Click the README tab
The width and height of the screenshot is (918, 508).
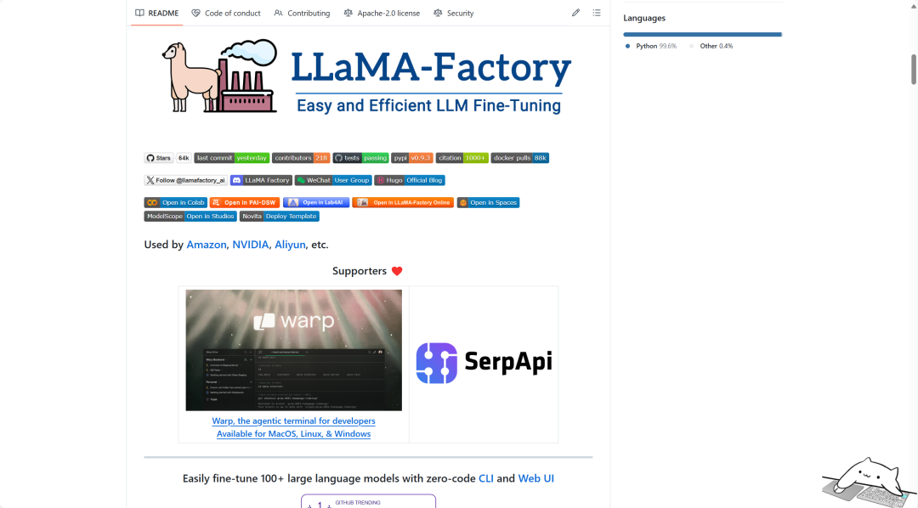pos(157,14)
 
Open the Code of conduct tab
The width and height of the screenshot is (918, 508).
pos(226,14)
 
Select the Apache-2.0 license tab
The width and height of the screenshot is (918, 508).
pos(382,14)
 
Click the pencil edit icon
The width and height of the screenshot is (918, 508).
pos(575,14)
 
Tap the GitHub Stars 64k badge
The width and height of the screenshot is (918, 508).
pos(167,158)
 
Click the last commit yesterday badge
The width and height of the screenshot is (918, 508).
pos(231,158)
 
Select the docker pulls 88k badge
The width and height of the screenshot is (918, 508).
pos(519,158)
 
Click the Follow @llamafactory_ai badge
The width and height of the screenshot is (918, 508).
pos(185,180)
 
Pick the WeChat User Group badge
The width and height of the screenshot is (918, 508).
pos(333,180)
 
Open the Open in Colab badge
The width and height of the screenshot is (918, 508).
pos(175,202)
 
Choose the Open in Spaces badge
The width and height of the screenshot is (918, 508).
pos(488,202)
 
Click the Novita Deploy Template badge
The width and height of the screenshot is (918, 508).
pos(280,216)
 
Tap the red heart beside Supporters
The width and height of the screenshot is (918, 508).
pos(397,271)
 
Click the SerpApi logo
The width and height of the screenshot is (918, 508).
pos(484,363)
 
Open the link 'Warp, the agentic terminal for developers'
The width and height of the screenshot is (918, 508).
pos(293,421)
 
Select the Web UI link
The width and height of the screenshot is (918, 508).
pos(535,478)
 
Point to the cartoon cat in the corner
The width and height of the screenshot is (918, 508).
pos(866,480)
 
